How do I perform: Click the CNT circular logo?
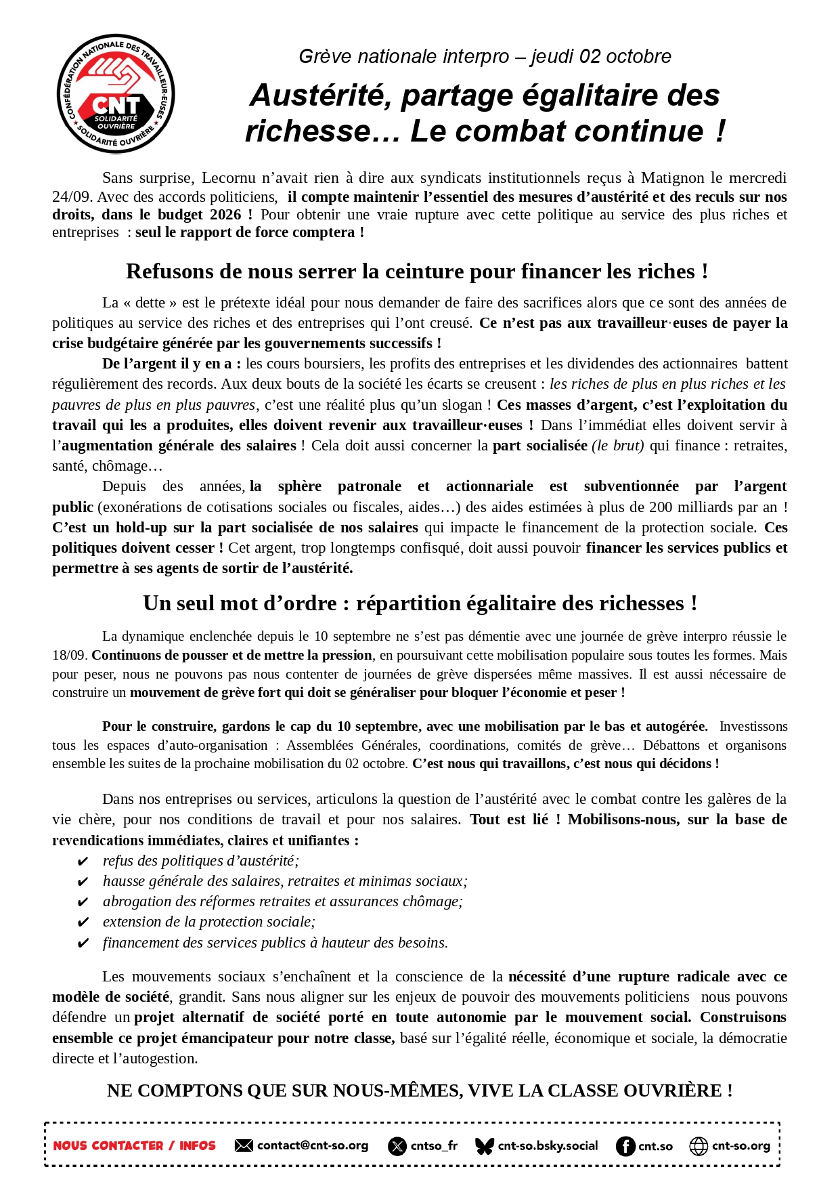click(116, 93)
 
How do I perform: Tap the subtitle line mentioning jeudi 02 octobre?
click(485, 56)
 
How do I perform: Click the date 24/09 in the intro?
click(72, 197)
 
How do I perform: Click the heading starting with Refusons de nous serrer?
click(417, 272)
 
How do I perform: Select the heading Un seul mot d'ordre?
click(420, 603)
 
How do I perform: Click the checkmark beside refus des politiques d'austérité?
click(83, 862)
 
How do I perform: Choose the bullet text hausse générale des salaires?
click(284, 881)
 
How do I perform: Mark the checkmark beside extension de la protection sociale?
click(83, 922)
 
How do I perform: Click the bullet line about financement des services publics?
click(275, 943)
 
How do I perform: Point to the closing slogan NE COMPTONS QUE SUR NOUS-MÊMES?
click(420, 1090)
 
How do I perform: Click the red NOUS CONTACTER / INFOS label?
click(134, 1146)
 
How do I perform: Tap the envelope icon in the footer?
click(244, 1145)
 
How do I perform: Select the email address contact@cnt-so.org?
click(313, 1145)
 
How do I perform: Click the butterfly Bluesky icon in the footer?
click(485, 1146)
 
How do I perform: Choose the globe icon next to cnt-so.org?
click(699, 1146)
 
